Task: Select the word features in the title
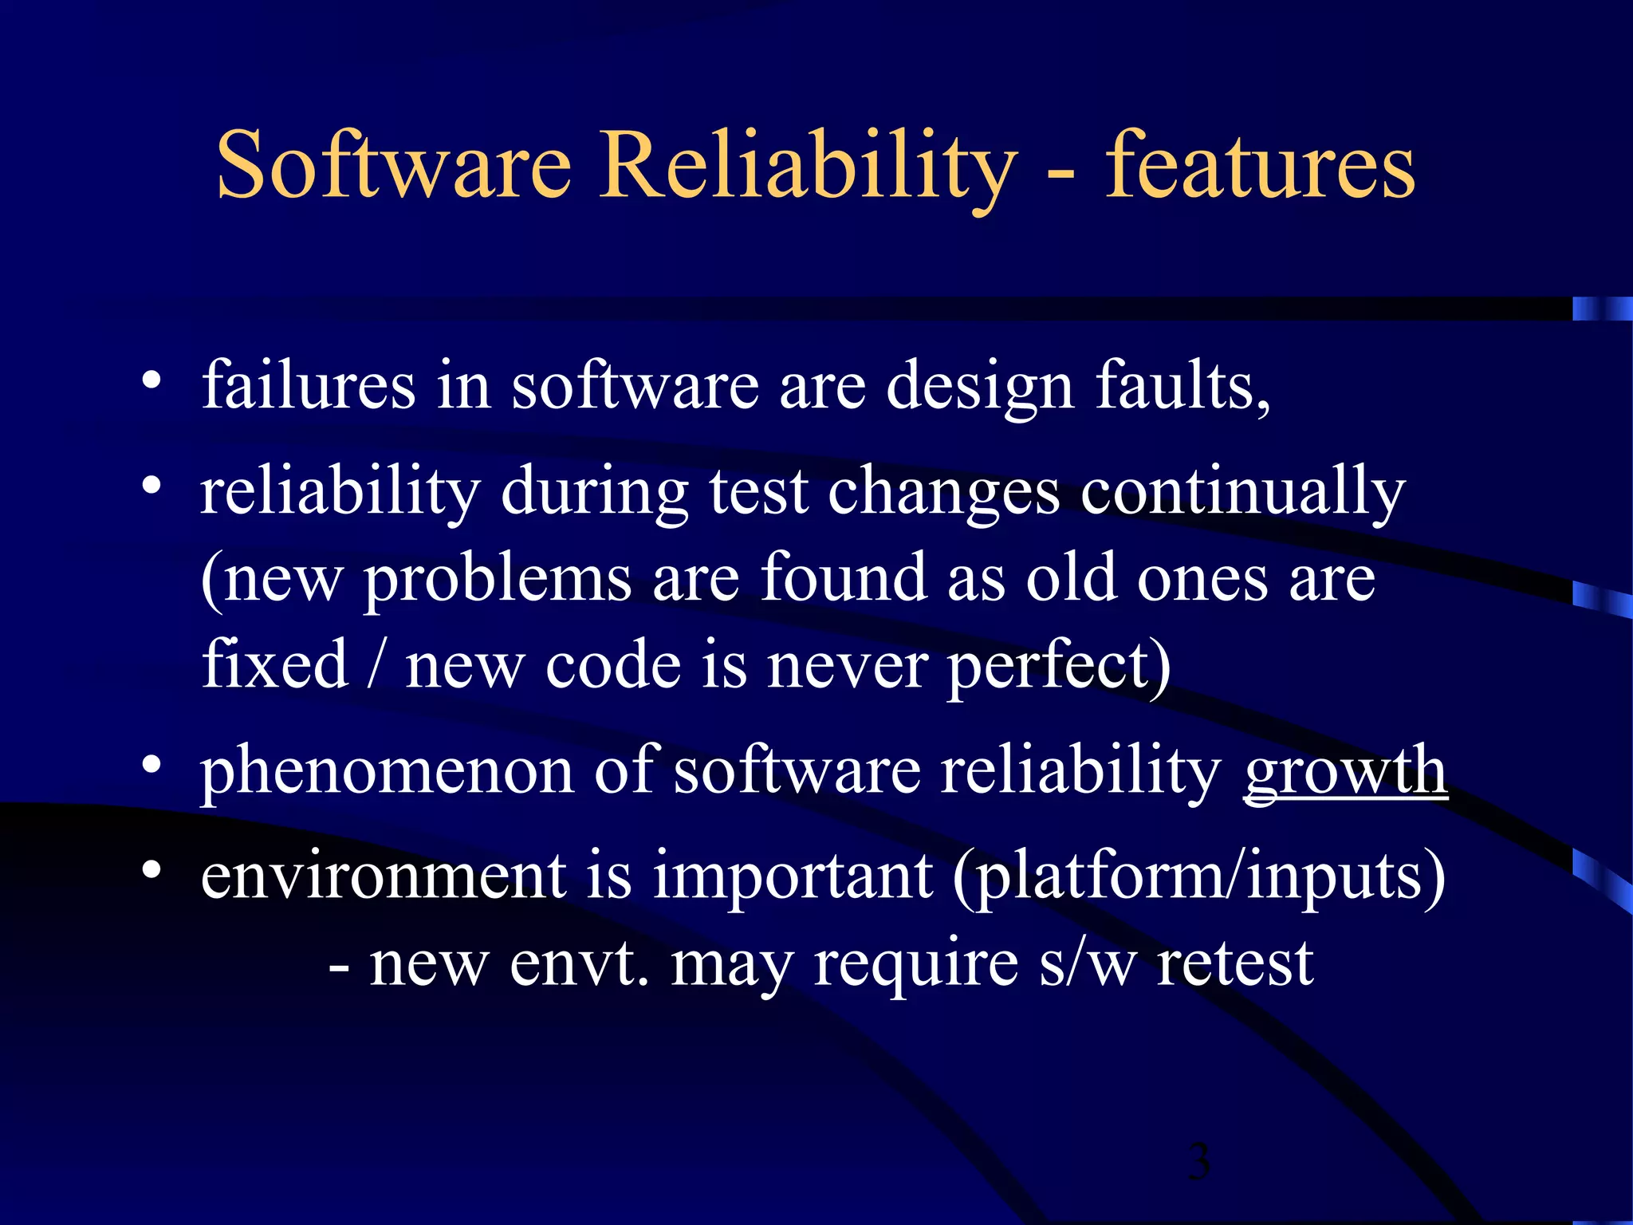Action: point(1259,165)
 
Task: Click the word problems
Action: point(498,581)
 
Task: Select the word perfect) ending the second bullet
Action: point(1059,667)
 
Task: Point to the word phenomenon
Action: point(387,772)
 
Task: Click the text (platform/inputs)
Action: point(1198,877)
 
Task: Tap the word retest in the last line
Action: point(1235,963)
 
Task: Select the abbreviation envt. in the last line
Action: point(579,963)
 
